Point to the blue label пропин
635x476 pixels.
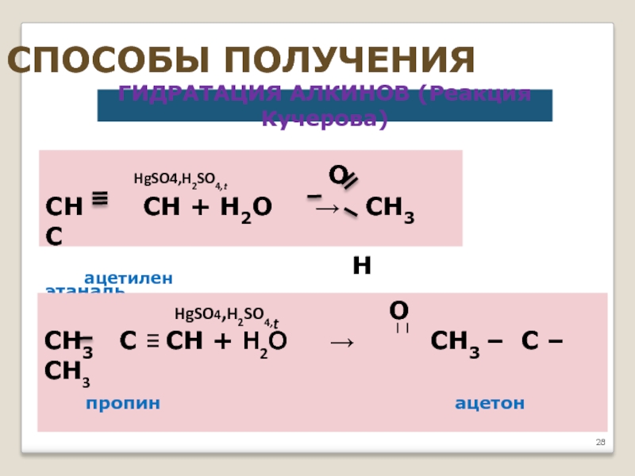click(123, 403)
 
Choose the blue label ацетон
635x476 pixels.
click(490, 403)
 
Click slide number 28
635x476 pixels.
click(600, 442)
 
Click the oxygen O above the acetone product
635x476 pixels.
click(398, 309)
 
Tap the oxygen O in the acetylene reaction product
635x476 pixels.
click(337, 175)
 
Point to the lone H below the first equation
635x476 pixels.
click(362, 266)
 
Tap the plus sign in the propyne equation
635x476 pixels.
click(223, 342)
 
